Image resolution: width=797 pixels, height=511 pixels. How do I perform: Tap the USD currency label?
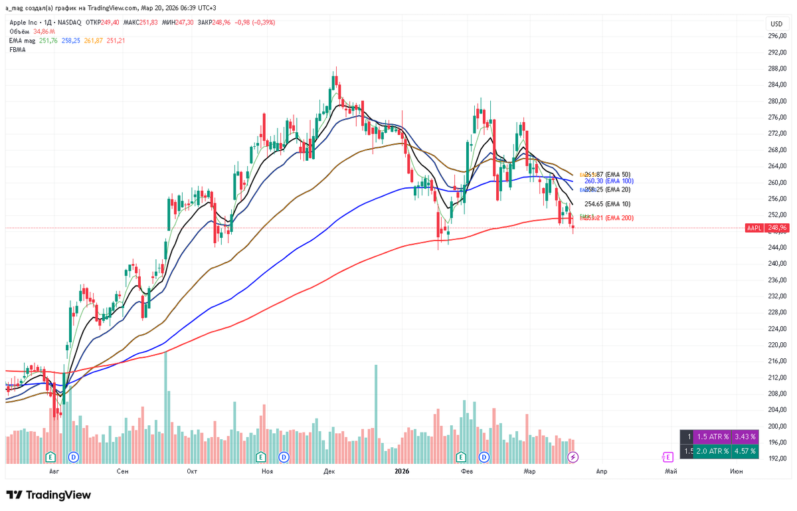[776, 24]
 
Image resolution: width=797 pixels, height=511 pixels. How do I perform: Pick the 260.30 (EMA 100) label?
[609, 181]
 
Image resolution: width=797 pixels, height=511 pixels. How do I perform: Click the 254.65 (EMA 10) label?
[607, 204]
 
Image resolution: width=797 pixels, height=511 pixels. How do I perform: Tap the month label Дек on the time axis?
[329, 471]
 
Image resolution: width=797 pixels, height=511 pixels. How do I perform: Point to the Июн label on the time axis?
[736, 471]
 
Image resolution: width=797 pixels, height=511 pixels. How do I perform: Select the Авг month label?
[54, 471]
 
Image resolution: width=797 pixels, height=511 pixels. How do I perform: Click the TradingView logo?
[48, 495]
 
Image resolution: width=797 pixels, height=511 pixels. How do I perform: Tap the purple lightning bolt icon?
[573, 457]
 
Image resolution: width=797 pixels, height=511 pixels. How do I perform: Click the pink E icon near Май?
[667, 457]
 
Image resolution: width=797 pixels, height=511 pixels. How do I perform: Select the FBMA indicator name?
[17, 50]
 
